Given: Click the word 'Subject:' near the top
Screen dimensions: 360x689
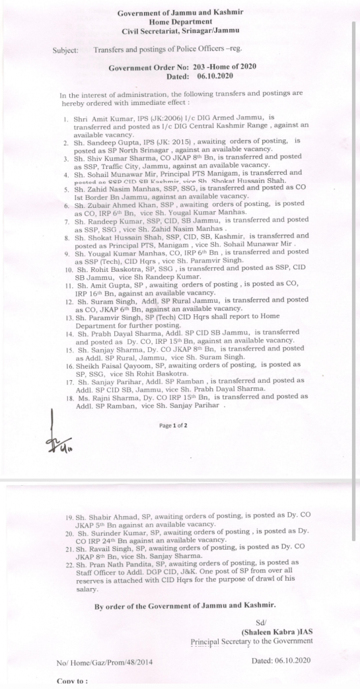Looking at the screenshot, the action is [64, 50].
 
